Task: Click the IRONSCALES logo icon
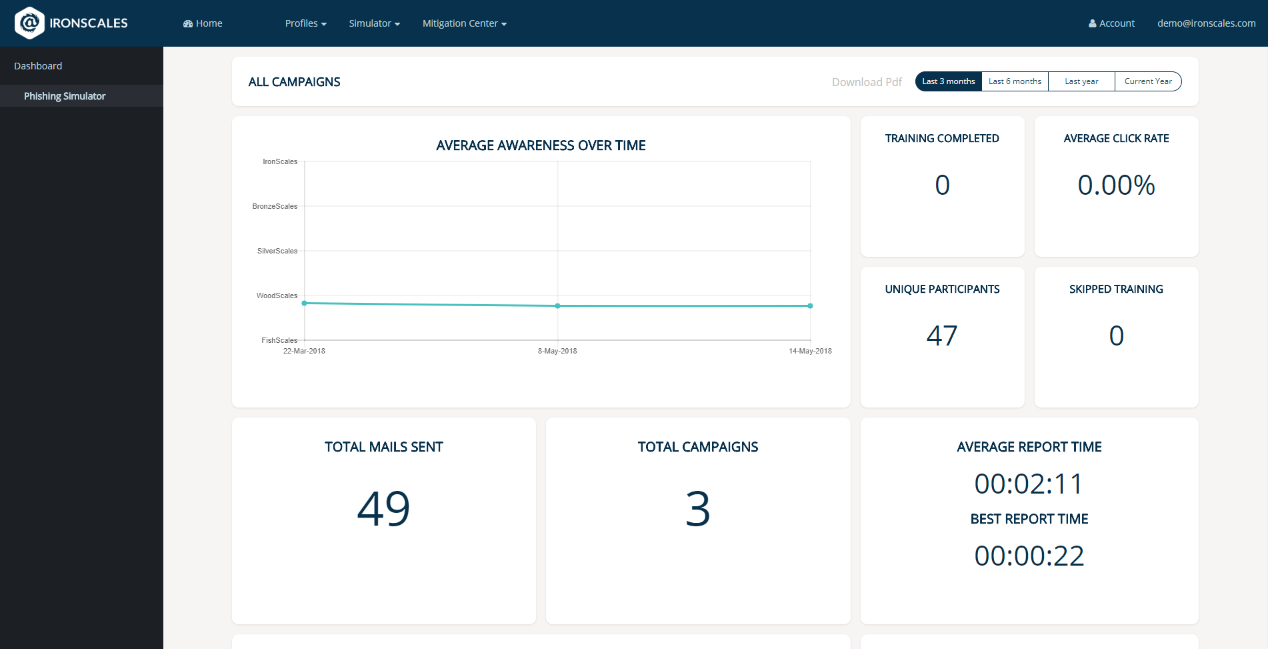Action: click(29, 23)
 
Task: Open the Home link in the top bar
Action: click(203, 23)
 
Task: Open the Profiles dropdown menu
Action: click(305, 23)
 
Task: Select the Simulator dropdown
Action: click(374, 23)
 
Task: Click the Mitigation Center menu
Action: click(464, 23)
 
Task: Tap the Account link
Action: click(1111, 23)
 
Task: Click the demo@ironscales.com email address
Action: click(1206, 23)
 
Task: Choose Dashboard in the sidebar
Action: click(38, 66)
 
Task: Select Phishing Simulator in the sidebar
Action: click(65, 96)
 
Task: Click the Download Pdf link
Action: click(866, 82)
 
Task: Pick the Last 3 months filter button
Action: click(948, 81)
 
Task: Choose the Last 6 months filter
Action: click(1015, 81)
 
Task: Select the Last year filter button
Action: click(1081, 81)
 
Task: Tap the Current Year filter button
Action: click(1148, 81)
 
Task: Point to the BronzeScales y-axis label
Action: click(275, 206)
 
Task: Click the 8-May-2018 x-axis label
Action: click(557, 351)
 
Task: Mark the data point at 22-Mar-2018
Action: click(305, 303)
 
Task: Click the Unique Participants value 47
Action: click(942, 336)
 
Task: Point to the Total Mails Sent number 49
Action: click(383, 509)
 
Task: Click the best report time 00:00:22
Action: click(1029, 556)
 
